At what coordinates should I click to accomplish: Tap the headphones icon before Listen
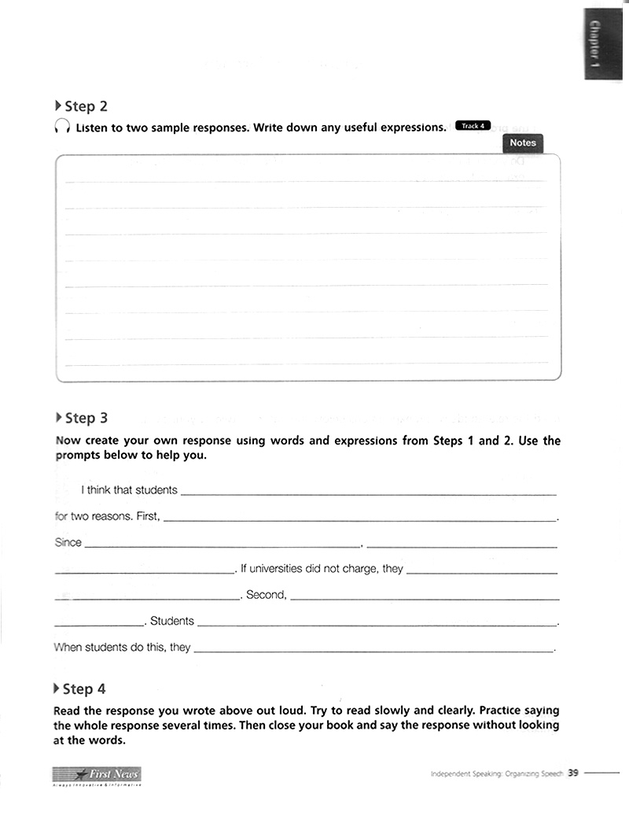pos(62,127)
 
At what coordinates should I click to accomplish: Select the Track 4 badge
pos(473,126)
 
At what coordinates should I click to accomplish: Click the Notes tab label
pos(522,143)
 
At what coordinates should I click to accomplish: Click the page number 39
pos(573,773)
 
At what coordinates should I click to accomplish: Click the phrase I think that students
pos(129,490)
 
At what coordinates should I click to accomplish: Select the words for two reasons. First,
pos(108,516)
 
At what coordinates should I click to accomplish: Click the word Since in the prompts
pos(68,542)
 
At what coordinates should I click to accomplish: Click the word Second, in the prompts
pos(267,595)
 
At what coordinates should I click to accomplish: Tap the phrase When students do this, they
pos(122,648)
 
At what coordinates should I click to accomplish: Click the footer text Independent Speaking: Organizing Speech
pos(496,774)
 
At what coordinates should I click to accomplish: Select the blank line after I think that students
pos(368,493)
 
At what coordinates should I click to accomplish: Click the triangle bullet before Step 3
pos(59,417)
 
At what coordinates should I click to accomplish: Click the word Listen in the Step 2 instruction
pos(92,127)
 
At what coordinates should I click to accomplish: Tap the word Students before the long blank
pos(171,621)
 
